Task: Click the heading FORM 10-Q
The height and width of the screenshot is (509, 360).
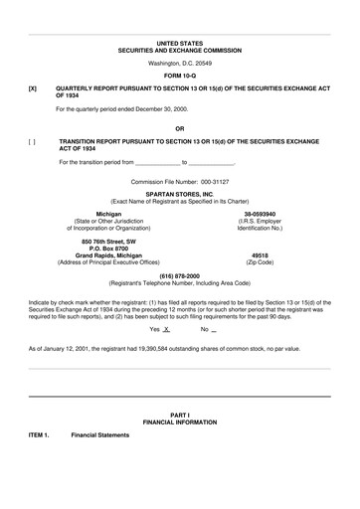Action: (179, 77)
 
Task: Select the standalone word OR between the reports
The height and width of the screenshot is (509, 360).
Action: (179, 128)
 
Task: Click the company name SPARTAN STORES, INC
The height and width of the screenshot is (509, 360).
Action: (179, 193)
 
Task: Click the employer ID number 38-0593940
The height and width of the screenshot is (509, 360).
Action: (260, 213)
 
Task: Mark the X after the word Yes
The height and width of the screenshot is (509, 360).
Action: (167, 328)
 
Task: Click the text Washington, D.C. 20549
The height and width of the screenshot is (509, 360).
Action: (179, 63)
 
